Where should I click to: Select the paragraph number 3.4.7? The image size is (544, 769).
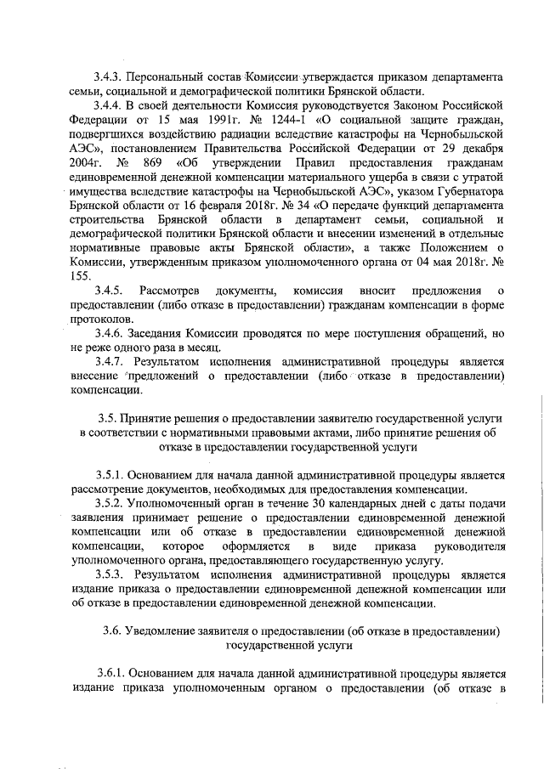[110, 362]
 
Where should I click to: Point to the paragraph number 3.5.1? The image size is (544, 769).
[110, 477]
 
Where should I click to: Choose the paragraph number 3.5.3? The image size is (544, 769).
[110, 574]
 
